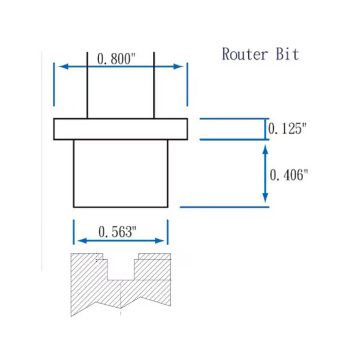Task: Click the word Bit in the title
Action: coord(287,54)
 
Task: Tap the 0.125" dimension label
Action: coord(287,129)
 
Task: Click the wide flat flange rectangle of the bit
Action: coord(120,129)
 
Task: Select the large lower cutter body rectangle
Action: coord(120,173)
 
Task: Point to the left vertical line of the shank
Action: coord(87,86)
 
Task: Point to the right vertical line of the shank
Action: coord(154,86)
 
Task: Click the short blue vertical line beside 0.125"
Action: coord(265,129)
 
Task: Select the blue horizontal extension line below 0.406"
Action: coord(224,207)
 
